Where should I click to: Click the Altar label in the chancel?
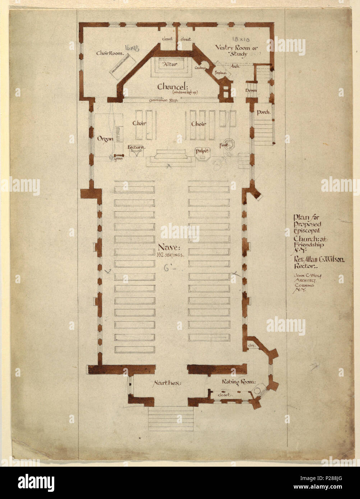point(168,64)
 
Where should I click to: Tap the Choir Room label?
point(109,53)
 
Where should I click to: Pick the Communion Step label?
point(164,101)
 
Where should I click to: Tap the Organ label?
point(105,139)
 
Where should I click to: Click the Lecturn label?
point(136,147)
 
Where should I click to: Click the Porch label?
point(263,112)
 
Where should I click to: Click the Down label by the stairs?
point(251,90)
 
